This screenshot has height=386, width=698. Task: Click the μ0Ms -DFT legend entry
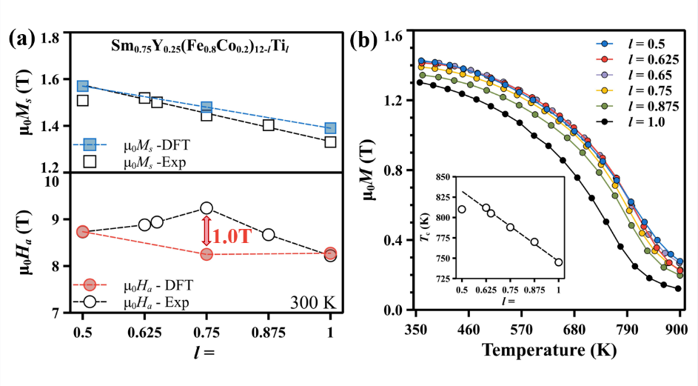click(137, 144)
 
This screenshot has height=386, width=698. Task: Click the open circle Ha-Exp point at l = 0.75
click(207, 208)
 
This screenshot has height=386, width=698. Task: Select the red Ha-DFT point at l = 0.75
click(207, 254)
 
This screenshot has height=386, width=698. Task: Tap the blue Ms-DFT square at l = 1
click(330, 128)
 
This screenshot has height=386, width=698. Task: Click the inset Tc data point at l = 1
click(558, 262)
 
